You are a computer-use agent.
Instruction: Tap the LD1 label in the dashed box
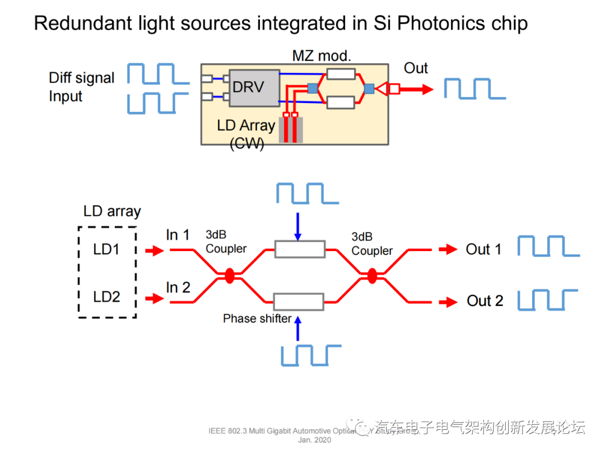coord(106,249)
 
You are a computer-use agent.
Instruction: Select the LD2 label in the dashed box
coord(106,297)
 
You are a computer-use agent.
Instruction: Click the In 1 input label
coord(178,235)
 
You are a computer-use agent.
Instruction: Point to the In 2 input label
coord(178,288)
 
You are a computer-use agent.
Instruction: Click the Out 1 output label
coord(483,249)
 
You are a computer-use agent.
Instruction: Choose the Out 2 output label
coord(485,301)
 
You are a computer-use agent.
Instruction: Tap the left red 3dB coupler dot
coord(229,276)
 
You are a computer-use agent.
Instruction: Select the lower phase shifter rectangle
coord(299,302)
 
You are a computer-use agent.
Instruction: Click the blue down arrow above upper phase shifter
coord(298,224)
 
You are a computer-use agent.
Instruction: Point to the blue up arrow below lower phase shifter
coord(298,328)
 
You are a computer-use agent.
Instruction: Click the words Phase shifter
coord(257,318)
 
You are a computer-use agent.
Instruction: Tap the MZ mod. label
coord(321,55)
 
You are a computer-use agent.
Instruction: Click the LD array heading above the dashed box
coord(112,211)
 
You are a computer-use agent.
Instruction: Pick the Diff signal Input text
coord(81,87)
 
